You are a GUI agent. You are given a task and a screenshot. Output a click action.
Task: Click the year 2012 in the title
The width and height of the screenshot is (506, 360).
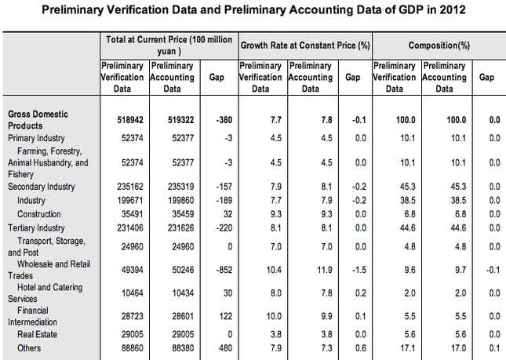pos(452,9)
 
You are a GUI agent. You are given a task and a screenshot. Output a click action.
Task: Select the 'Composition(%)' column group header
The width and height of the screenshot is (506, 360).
pos(439,45)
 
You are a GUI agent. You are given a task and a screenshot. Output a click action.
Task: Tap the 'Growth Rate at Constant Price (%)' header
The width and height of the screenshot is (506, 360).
pos(305,45)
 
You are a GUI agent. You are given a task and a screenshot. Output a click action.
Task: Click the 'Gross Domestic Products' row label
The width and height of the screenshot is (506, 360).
pos(38,120)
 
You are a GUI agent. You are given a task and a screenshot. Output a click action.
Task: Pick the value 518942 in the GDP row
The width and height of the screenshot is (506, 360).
pos(130,120)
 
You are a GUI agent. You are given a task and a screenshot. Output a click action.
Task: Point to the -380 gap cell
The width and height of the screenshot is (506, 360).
pos(224,120)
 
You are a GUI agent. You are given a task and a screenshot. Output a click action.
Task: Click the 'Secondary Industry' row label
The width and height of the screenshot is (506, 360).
pos(42,187)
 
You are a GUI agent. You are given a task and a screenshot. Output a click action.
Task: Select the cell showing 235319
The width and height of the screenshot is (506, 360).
pos(180,187)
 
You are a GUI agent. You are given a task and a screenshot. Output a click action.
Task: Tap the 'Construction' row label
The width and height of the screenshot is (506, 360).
pos(39,214)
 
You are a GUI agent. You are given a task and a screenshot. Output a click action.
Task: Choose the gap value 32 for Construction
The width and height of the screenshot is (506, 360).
pos(228,214)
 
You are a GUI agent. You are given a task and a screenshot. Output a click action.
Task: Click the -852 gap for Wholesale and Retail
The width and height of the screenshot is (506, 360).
pos(224,270)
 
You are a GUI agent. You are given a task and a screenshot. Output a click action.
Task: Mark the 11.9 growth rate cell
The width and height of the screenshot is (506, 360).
pos(325,270)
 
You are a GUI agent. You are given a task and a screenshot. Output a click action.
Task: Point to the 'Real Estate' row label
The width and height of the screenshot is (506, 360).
pos(37,335)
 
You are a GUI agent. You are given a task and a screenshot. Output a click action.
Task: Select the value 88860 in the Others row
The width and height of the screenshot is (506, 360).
pos(133,348)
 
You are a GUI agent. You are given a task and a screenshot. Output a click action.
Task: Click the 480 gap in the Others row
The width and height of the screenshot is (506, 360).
pos(226,348)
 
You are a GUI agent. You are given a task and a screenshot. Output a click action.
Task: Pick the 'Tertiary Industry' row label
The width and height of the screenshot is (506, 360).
pos(36,228)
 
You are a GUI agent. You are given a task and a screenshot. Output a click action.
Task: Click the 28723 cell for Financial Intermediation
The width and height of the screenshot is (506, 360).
pos(133,316)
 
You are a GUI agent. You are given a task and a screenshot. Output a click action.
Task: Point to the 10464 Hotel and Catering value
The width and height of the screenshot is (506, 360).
pos(133,293)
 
